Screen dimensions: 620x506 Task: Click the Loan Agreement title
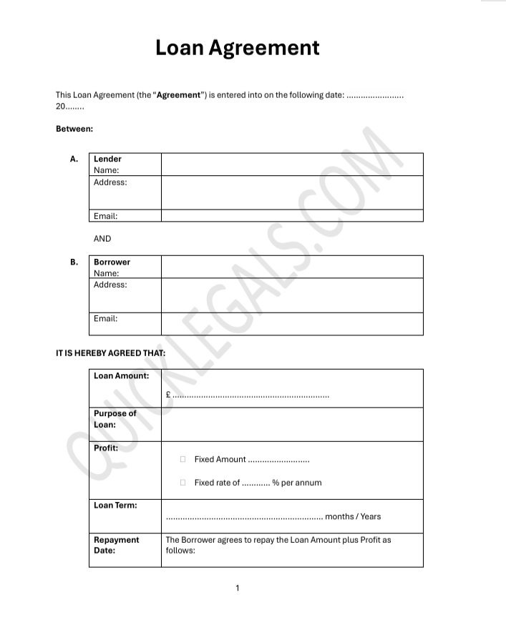tap(238, 48)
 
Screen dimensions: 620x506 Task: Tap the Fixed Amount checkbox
tap(183, 459)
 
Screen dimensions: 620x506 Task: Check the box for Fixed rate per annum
tap(183, 483)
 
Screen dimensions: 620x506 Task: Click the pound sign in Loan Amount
tap(167, 394)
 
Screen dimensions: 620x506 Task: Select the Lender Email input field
tap(291, 215)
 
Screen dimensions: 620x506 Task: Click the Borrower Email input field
tap(291, 323)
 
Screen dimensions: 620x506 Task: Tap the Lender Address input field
tap(291, 192)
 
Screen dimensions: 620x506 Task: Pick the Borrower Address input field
tap(291, 295)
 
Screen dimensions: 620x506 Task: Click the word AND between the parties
tap(102, 239)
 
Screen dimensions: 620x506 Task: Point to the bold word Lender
tap(107, 159)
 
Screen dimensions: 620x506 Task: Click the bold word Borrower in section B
tap(112, 262)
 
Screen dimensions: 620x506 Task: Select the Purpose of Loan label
tap(115, 419)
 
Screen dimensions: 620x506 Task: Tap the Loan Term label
tap(115, 505)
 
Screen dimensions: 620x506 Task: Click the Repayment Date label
tap(116, 545)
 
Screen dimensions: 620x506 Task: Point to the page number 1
tap(238, 589)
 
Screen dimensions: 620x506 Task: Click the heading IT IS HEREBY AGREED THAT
tap(110, 353)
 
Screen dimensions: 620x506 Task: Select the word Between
tap(74, 129)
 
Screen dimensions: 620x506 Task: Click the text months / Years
tap(353, 516)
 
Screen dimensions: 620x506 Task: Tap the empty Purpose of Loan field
tap(291, 423)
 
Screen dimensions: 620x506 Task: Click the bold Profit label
tap(106, 448)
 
